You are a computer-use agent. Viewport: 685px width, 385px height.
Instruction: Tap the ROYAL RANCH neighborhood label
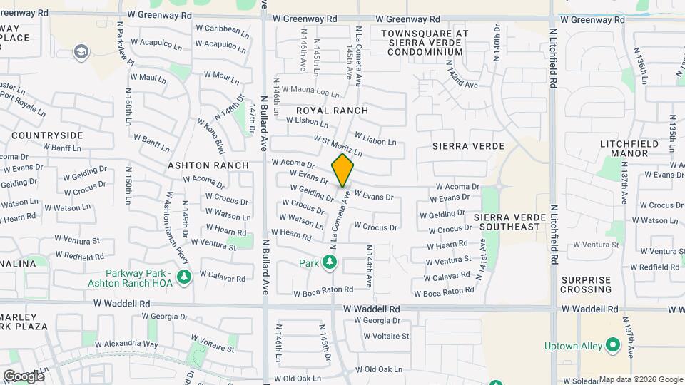pos(333,111)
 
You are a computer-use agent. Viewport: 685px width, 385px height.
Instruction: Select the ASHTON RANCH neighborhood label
pos(208,165)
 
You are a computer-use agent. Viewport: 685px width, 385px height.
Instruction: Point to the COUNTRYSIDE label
pos(47,135)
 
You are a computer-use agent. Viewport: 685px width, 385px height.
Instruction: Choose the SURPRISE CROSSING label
pos(587,284)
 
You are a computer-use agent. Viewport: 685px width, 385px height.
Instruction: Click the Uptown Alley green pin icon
pos(612,346)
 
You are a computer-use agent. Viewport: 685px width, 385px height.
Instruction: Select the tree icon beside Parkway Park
pos(184,276)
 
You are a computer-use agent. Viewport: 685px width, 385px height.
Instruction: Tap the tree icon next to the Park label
pos(329,263)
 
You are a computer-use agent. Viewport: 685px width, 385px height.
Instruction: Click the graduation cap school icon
pos(81,51)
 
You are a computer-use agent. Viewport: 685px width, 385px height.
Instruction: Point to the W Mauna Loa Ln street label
pos(310,91)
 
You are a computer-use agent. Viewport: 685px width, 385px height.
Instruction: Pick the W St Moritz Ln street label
pos(334,147)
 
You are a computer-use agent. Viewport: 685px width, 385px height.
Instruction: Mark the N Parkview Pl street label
pos(123,50)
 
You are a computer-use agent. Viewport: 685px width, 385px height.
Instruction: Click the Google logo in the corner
pos(24,376)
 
